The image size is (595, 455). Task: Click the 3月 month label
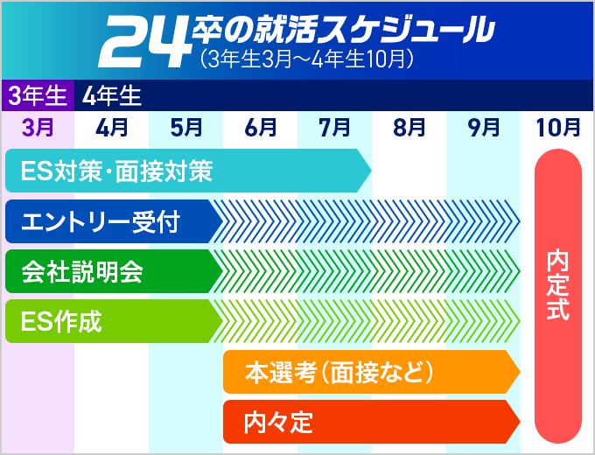[37, 127]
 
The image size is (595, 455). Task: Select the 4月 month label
[111, 127]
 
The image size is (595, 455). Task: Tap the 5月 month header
[185, 127]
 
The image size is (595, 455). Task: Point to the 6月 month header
[260, 127]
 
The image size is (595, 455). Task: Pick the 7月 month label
[334, 127]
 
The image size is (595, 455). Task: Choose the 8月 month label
[409, 127]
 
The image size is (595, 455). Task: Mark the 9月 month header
[483, 127]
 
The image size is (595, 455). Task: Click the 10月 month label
[557, 127]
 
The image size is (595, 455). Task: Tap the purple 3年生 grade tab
[38, 94]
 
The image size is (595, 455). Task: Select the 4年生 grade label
[112, 94]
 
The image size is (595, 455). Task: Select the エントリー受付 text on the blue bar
[100, 221]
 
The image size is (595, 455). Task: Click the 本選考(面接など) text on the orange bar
[339, 372]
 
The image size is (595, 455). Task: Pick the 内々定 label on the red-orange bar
[278, 422]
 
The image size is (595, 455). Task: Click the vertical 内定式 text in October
[557, 284]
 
